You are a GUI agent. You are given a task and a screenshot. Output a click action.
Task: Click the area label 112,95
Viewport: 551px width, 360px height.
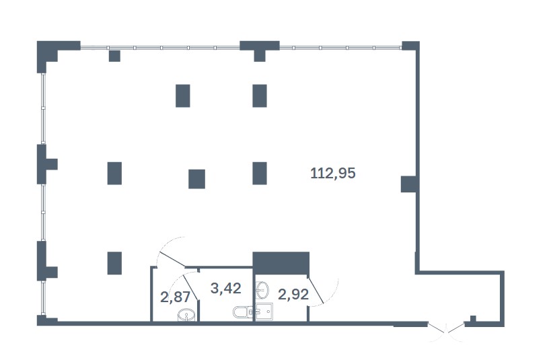(332, 174)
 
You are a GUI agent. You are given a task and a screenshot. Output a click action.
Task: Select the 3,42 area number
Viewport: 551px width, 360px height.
(226, 289)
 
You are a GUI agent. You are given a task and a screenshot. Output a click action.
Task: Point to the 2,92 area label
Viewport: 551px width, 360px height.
(293, 294)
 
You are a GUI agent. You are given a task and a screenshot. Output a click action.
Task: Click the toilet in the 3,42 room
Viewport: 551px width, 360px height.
(241, 312)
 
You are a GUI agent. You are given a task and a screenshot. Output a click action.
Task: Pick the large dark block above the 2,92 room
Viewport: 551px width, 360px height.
(281, 261)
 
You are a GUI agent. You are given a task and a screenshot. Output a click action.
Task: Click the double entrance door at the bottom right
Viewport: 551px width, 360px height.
(446, 328)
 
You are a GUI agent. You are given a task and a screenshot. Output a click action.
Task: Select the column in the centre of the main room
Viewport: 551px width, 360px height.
(196, 179)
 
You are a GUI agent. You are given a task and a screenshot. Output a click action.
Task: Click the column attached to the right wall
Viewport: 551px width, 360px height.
(408, 184)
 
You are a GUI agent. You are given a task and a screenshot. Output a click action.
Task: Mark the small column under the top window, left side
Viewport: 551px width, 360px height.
(114, 56)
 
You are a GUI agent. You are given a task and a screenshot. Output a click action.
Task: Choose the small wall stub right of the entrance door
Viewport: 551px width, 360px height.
(474, 319)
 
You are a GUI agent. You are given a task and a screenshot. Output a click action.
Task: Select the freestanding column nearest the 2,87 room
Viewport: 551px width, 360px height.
(114, 262)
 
